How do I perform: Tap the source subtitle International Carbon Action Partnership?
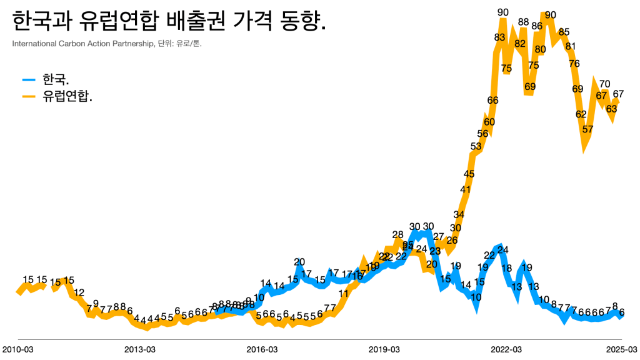[x=106, y=44]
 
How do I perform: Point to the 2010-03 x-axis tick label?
[x=17, y=349]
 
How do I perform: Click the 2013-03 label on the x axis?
[x=139, y=349]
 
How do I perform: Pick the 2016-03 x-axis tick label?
[x=262, y=349]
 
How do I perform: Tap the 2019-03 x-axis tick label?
[x=384, y=349]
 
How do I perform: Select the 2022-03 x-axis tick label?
[x=507, y=349]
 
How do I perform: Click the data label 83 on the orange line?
[x=499, y=37]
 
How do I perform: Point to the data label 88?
[x=524, y=22]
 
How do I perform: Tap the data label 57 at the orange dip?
[x=587, y=129]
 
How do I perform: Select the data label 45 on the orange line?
[x=469, y=174]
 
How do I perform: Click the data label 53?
[x=476, y=146]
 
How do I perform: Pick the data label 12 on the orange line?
[x=79, y=292]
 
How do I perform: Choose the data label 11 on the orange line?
[x=344, y=293]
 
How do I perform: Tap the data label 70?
[x=604, y=84]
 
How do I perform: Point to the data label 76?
[x=574, y=63]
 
